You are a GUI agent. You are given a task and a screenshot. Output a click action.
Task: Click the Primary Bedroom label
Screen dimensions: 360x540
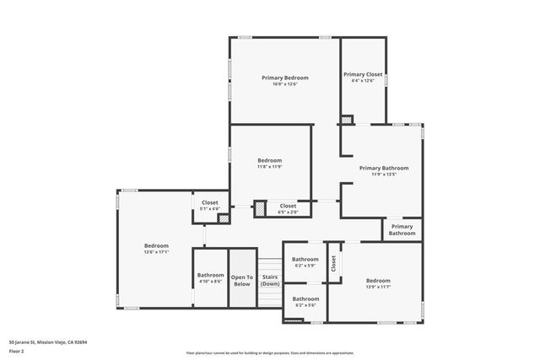[x=285, y=77]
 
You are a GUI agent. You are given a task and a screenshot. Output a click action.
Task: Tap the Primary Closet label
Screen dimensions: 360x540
[x=363, y=74]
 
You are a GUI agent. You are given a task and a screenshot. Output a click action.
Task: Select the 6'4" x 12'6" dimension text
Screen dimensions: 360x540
[x=363, y=81]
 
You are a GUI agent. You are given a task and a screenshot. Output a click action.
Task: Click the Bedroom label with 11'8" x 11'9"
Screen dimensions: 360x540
[x=269, y=160]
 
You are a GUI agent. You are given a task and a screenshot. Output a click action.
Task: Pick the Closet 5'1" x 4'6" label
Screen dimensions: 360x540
[x=210, y=202]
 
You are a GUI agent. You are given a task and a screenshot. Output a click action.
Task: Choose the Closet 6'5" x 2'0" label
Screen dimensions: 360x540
[x=288, y=206]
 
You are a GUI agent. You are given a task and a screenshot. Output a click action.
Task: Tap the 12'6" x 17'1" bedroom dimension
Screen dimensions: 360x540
[x=156, y=252]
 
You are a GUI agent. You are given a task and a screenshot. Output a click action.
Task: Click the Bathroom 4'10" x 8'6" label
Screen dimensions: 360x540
[x=210, y=275]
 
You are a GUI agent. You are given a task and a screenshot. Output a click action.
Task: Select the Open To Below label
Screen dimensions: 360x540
[x=242, y=280]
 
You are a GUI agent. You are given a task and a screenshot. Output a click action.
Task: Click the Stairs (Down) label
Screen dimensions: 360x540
[x=270, y=280]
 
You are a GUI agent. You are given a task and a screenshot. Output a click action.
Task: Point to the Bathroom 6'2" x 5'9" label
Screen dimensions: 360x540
[x=305, y=260]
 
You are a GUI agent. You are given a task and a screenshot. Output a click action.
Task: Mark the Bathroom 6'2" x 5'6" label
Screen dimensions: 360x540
[x=305, y=298]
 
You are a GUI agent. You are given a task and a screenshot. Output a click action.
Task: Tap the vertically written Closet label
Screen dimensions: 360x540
[x=333, y=264]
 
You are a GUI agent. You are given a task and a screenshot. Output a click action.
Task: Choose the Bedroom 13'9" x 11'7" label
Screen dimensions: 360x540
[x=378, y=281]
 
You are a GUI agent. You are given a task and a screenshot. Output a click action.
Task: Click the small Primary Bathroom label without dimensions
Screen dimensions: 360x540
[x=402, y=229]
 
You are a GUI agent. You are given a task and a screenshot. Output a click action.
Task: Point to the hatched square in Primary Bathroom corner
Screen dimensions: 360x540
[x=347, y=120]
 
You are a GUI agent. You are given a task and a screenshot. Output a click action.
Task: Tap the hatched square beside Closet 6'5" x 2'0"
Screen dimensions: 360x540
[x=261, y=207]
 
